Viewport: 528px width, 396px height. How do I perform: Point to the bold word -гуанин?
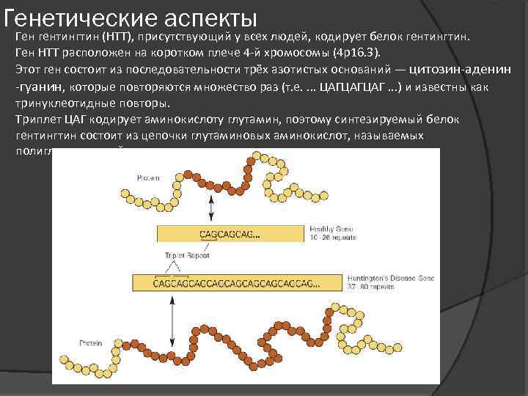click(39, 87)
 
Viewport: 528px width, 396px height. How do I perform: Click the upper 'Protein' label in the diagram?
click(148, 177)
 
